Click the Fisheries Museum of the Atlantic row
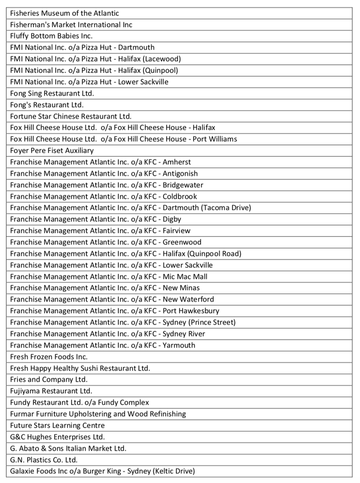tap(64, 13)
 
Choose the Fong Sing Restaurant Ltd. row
tap(52, 94)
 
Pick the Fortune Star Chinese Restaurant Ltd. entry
tap(70, 116)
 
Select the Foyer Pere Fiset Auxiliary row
tap(52, 151)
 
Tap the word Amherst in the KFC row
tap(176, 162)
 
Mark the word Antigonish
tap(180, 174)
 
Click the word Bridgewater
tap(183, 185)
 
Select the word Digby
tap(172, 219)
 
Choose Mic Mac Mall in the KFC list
tap(185, 276)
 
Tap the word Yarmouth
tap(179, 345)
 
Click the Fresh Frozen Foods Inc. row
tap(49, 357)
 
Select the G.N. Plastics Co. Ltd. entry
tap(44, 460)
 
